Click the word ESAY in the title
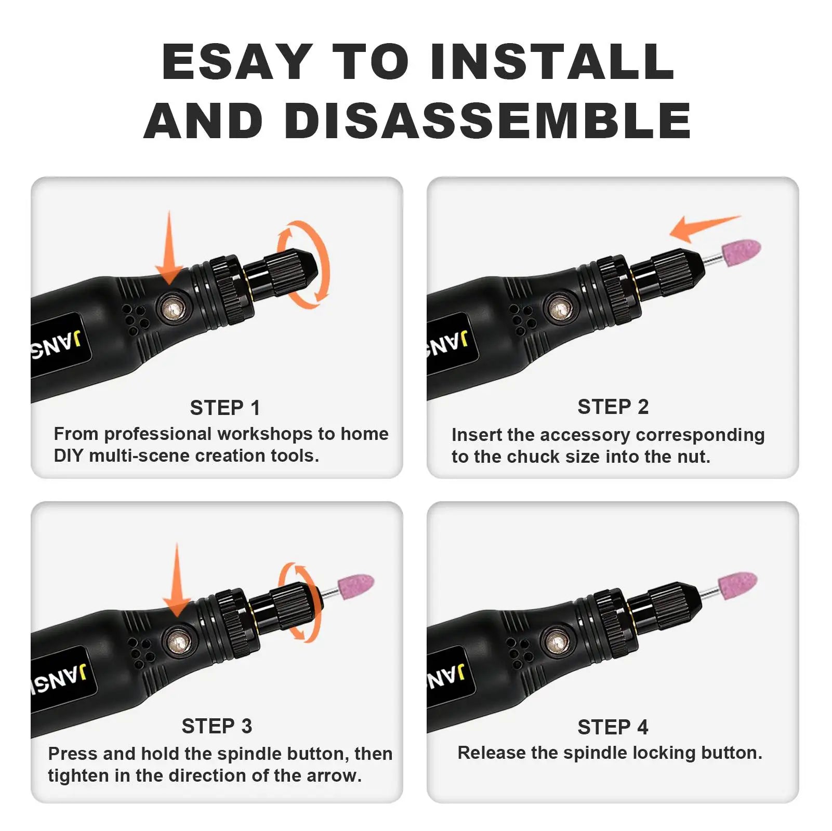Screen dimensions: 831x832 click(237, 62)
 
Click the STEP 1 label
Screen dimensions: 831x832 click(224, 408)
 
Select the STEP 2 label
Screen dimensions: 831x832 click(613, 407)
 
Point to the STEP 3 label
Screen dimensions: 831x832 click(217, 726)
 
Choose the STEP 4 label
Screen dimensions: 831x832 click(613, 727)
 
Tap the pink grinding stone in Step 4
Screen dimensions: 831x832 click(737, 586)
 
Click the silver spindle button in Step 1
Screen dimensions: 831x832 click(171, 311)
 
